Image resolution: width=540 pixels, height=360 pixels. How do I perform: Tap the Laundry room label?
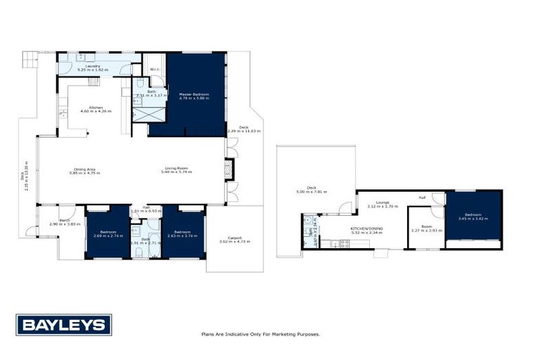[93, 66]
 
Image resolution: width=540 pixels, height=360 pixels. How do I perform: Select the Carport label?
[235, 238]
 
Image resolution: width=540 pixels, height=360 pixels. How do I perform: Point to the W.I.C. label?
[155, 69]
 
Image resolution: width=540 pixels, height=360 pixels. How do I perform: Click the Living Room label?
[176, 168]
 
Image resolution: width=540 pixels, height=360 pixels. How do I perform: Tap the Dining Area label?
[84, 168]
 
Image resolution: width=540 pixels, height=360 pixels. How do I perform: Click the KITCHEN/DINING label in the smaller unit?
[367, 229]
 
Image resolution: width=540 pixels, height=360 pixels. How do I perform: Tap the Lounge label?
[382, 202]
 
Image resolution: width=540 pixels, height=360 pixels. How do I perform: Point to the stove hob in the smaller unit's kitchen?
[345, 243]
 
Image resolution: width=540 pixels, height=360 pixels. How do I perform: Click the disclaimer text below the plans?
[260, 334]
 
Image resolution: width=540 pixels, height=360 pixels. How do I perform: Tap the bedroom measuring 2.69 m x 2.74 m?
[108, 233]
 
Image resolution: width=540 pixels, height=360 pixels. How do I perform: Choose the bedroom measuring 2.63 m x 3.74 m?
[183, 233]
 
